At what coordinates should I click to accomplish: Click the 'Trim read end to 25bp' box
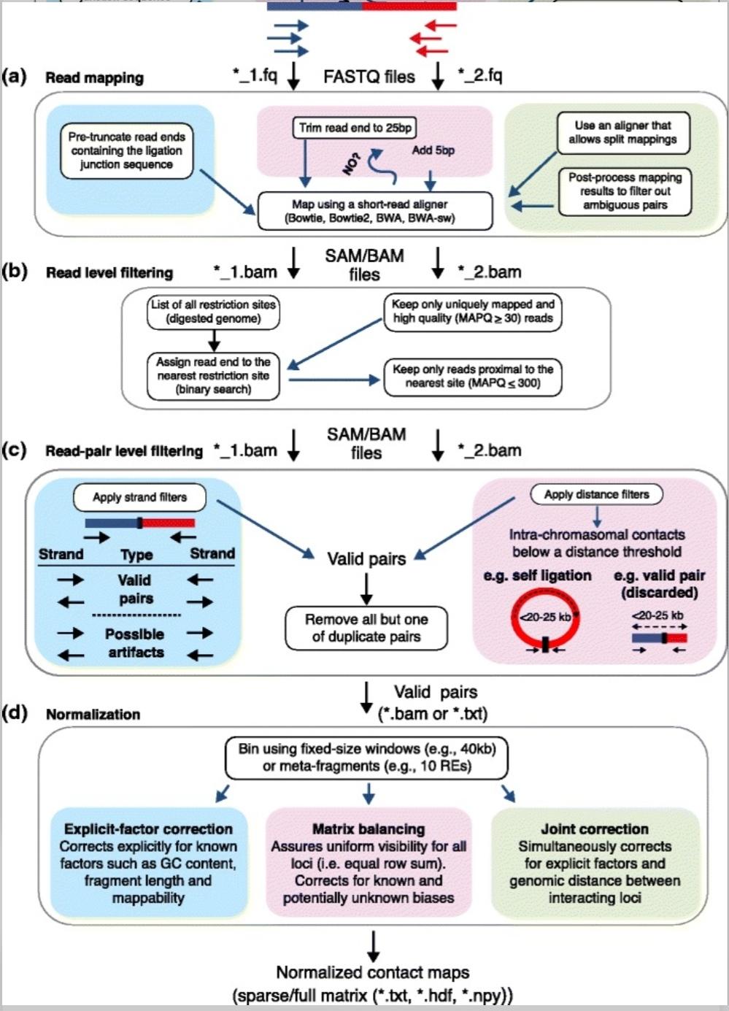355,128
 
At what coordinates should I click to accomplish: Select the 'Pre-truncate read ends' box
126,151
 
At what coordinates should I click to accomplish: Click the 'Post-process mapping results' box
625,191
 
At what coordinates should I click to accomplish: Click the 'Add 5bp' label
433,150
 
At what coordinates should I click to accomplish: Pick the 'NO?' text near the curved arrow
352,164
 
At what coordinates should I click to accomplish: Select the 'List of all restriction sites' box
213,312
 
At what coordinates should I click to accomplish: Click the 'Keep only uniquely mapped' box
473,311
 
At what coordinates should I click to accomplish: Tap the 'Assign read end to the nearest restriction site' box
213,376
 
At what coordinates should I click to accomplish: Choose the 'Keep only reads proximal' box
473,376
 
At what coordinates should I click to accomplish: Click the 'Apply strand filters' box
139,498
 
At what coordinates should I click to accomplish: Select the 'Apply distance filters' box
596,494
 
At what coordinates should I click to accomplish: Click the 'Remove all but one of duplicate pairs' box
366,628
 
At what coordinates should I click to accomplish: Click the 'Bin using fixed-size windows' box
367,758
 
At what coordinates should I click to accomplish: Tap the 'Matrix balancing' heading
369,829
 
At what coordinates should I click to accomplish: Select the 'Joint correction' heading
595,829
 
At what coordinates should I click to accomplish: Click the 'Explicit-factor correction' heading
148,829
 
